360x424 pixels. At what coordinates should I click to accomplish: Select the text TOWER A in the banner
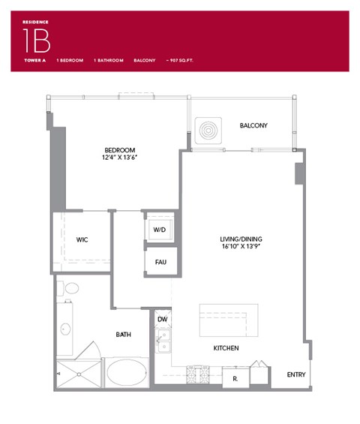click(x=35, y=59)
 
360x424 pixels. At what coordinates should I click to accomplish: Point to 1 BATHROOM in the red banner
click(x=108, y=59)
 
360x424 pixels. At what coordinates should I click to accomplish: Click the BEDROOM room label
click(x=118, y=149)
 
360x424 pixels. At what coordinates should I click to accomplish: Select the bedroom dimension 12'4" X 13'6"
click(x=118, y=158)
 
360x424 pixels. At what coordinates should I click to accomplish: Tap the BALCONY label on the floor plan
click(x=253, y=126)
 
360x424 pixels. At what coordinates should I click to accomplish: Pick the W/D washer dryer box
click(x=160, y=229)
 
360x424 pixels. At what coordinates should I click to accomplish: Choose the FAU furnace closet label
click(x=160, y=262)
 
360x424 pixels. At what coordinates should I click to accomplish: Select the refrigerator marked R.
click(x=235, y=377)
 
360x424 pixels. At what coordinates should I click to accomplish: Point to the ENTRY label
click(x=296, y=374)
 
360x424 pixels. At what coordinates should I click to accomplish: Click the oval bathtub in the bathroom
click(x=127, y=372)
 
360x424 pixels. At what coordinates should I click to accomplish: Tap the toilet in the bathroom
click(x=70, y=288)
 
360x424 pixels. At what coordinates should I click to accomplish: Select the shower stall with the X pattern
click(x=78, y=374)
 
